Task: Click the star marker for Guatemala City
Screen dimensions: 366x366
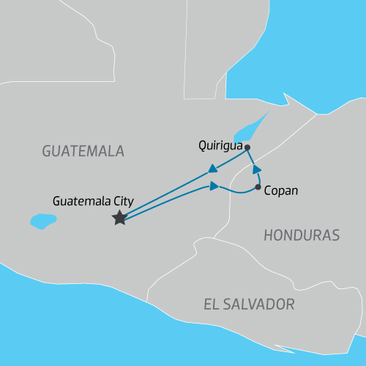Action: click(119, 218)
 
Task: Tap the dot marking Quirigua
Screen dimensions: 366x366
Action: click(247, 148)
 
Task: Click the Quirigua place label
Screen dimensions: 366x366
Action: click(220, 145)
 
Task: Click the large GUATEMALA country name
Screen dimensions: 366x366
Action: click(83, 152)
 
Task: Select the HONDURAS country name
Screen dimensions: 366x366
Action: click(302, 236)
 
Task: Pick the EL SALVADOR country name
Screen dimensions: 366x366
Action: click(250, 304)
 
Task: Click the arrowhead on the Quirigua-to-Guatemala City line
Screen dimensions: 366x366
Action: click(212, 169)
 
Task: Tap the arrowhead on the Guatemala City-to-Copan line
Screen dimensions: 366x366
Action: click(214, 187)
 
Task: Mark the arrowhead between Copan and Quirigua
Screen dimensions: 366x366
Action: click(257, 170)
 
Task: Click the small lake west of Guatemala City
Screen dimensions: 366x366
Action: click(43, 220)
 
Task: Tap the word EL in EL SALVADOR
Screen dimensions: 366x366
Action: click(213, 304)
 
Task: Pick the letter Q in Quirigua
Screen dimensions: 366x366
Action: click(203, 145)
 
